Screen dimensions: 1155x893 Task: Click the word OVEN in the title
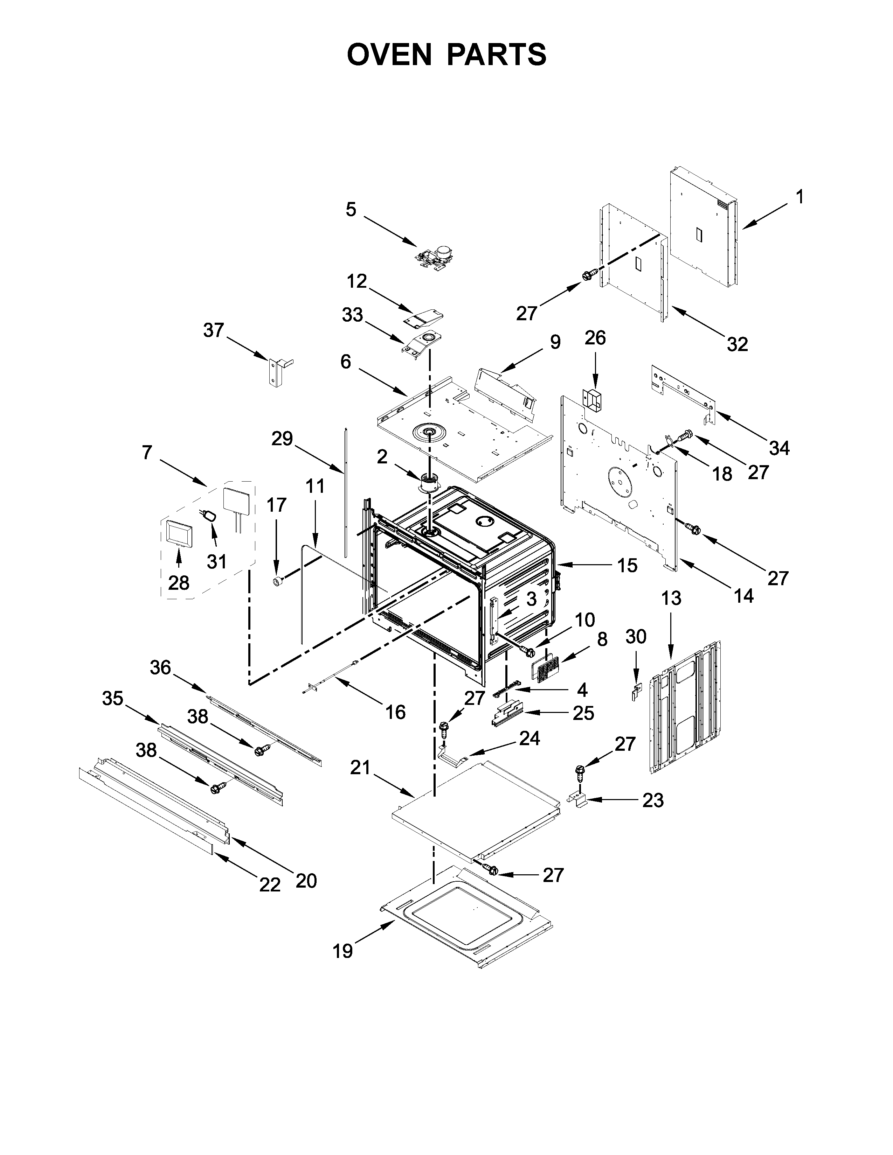tap(389, 55)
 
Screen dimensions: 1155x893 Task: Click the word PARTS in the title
tap(497, 55)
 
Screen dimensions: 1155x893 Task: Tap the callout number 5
tap(351, 209)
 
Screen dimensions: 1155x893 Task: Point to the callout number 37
tap(214, 330)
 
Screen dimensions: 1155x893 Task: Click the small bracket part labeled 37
tap(276, 373)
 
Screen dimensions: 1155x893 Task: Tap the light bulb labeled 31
tap(210, 515)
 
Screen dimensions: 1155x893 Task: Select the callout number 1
tap(799, 197)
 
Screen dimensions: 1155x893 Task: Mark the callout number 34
tap(779, 448)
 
